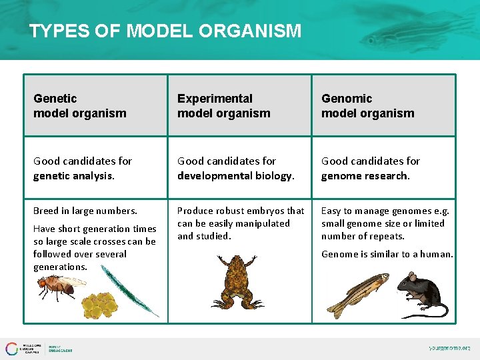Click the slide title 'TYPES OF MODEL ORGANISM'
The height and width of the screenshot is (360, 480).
165,31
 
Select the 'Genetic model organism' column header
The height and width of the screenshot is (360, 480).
79,106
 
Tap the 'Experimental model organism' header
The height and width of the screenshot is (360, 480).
223,106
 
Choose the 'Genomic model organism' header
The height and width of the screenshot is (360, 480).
367,106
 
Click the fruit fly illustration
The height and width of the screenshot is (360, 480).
59,286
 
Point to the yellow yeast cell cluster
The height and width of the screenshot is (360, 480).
99,304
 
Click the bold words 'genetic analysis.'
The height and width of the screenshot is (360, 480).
74,176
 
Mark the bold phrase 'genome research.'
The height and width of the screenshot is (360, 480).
365,176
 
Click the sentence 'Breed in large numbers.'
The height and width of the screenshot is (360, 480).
85,211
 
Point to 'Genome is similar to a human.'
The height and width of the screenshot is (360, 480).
387,254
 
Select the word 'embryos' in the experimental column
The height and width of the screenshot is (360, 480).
267,211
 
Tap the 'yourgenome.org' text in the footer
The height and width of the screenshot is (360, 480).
449,348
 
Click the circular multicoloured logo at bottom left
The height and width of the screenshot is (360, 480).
13,349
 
